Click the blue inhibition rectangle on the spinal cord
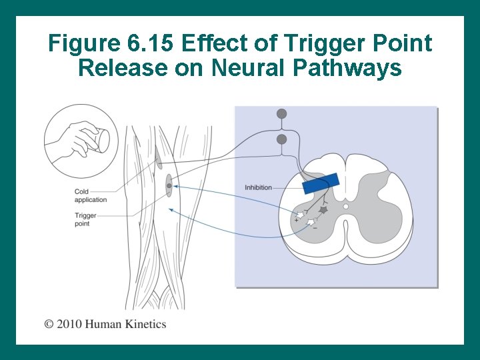tap(321, 183)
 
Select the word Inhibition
tap(258, 187)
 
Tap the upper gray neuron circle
tap(282, 114)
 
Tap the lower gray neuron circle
tap(282, 139)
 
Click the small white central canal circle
tap(345, 207)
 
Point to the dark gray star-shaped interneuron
tap(323, 210)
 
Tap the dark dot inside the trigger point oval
tap(169, 186)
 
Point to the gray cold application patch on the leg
tap(159, 158)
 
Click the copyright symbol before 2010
tap(49, 325)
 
